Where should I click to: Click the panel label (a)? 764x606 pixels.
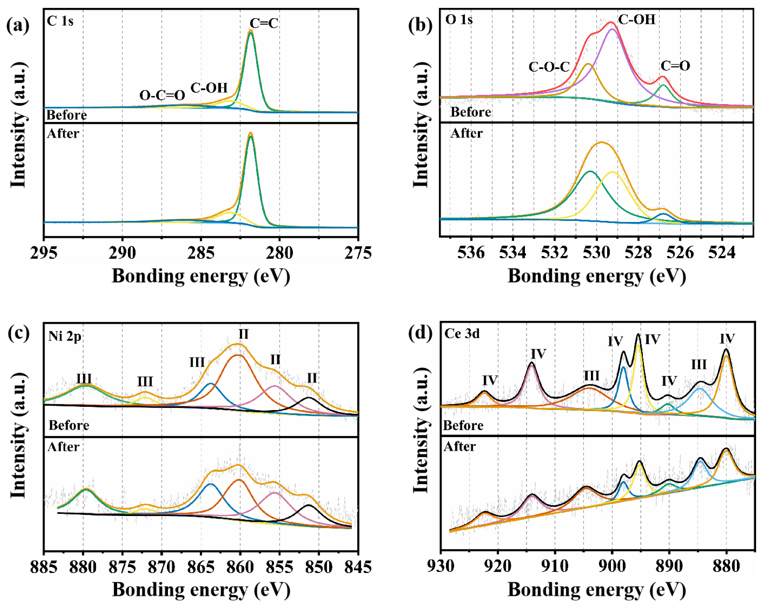18,26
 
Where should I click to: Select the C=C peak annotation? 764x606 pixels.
264,23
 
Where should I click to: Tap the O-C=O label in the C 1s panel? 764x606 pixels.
162,95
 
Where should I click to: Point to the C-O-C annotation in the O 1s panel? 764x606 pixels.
549,67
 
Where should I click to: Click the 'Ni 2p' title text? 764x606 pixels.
65,336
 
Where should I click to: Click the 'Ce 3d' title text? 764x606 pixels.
462,334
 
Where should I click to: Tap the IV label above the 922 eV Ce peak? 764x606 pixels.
490,380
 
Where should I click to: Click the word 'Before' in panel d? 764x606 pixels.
463,425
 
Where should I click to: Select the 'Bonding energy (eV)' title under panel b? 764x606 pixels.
597,276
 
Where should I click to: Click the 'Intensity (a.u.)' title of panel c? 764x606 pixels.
18,436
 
